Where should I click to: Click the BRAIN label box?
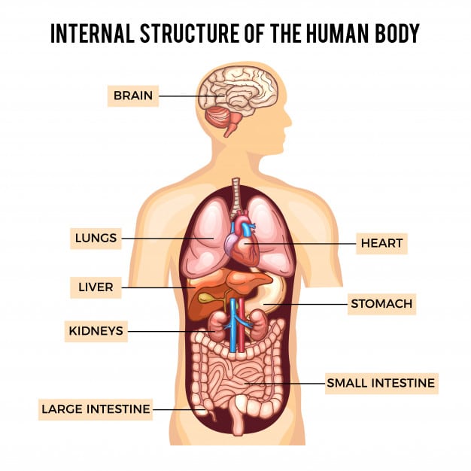tap(133, 96)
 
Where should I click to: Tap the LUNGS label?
tap(96, 239)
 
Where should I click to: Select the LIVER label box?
tap(96, 287)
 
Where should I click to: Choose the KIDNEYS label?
tap(96, 330)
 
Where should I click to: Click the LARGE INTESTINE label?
tap(96, 409)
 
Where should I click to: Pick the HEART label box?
tap(381, 243)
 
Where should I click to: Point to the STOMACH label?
tap(381, 305)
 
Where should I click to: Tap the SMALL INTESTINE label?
tap(381, 383)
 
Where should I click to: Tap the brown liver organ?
tap(226, 290)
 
